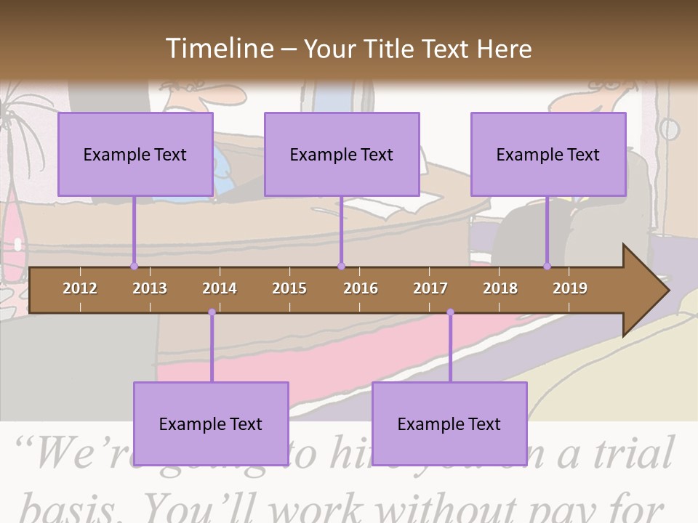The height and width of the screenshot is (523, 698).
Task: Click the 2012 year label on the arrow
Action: [80, 288]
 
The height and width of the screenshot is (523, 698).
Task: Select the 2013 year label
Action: [150, 288]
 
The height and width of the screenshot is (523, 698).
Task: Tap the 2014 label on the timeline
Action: [220, 288]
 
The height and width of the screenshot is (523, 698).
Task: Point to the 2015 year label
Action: [289, 288]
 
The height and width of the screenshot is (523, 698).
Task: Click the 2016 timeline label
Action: [361, 288]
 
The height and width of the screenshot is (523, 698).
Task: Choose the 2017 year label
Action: [430, 288]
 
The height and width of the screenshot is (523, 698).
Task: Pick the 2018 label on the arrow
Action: [500, 288]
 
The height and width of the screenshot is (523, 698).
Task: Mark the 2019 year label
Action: [570, 288]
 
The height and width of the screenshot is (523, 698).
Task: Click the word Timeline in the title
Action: [219, 49]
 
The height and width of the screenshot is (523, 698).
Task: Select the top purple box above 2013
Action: [135, 154]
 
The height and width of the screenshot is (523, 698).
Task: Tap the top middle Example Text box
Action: [342, 154]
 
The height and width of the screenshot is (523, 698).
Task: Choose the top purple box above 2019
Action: [548, 154]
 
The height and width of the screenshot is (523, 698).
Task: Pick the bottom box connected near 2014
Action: [211, 423]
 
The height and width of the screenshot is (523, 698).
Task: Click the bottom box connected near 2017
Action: [449, 423]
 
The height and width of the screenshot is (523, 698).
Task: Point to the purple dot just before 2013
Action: [134, 267]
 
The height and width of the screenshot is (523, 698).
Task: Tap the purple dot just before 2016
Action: [341, 267]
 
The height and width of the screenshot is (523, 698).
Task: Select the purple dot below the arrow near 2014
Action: [212, 312]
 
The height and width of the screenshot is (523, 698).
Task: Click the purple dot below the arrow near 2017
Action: [450, 312]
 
